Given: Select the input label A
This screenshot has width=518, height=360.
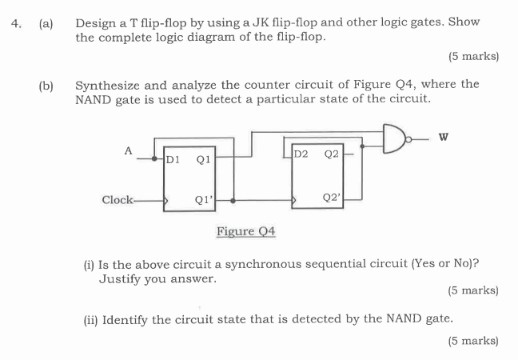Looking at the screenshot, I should tap(127, 149).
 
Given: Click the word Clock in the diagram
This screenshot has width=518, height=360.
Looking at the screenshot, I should tap(118, 199).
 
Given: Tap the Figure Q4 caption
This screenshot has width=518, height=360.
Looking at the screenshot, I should tap(245, 231).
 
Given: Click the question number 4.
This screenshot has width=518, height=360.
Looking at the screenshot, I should tap(15, 22).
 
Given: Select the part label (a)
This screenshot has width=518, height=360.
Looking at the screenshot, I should tap(46, 22).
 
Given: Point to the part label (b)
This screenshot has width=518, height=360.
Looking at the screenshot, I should tap(46, 85).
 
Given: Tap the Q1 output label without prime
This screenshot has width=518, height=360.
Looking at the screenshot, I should tap(202, 159).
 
